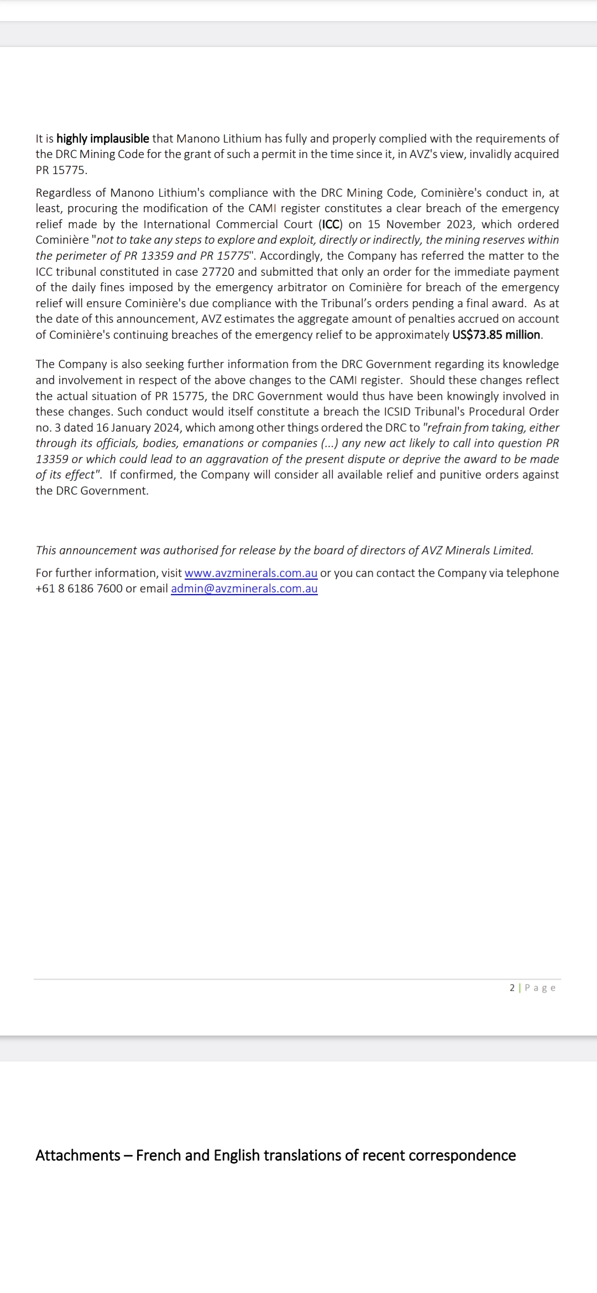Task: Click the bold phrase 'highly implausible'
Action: pos(102,138)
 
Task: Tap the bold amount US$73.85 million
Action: pos(496,335)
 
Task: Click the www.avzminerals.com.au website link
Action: pos(251,573)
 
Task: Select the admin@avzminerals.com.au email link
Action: pos(244,588)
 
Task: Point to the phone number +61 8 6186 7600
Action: pos(79,588)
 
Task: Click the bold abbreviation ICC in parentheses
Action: pos(331,224)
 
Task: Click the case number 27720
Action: pos(218,272)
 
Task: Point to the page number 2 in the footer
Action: pos(512,987)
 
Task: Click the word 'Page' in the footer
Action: pos(540,987)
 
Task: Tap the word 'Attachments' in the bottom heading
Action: pos(78,1155)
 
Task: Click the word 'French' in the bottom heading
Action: pos(159,1155)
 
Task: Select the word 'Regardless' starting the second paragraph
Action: pos(63,193)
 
